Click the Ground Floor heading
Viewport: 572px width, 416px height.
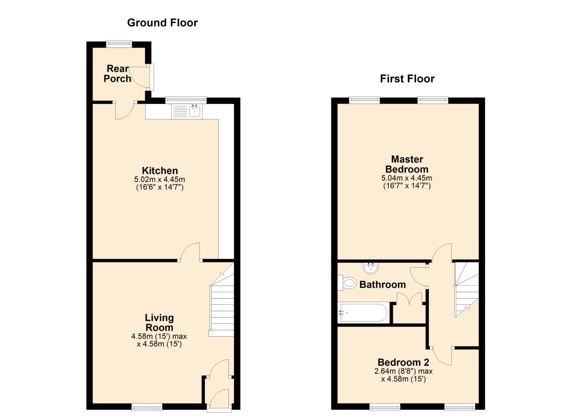point(162,23)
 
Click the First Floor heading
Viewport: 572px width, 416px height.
point(407,79)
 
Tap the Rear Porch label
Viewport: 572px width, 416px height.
point(117,74)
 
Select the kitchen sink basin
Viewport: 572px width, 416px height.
point(195,111)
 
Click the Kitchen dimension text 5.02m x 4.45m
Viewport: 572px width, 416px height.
point(159,179)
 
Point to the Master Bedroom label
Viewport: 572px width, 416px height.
point(407,164)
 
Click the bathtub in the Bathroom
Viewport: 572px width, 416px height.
point(363,312)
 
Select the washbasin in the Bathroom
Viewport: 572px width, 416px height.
point(370,268)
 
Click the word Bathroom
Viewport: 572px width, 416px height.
point(382,285)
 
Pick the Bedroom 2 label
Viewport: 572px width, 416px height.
point(403,362)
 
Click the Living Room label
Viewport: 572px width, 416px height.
point(159,322)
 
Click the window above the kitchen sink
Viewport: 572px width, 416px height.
point(186,100)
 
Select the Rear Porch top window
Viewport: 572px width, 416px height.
point(119,44)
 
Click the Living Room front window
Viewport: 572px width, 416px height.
point(147,407)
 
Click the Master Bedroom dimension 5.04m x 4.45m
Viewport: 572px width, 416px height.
point(407,178)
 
